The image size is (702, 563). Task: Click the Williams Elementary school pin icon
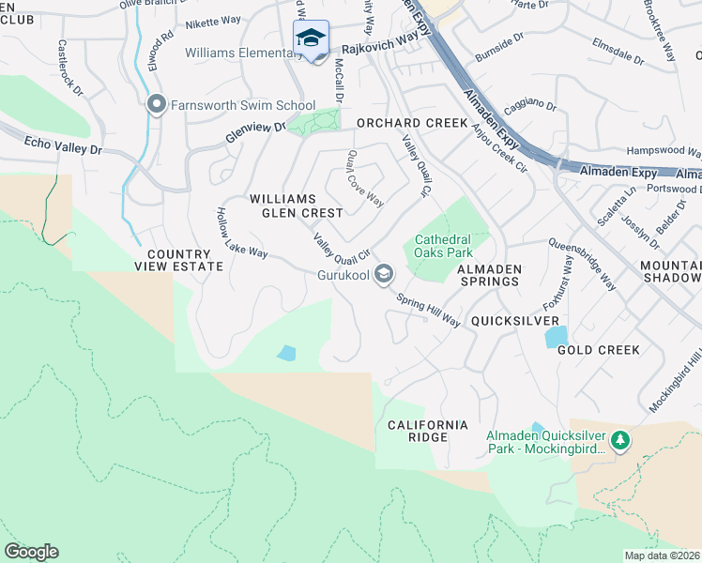311,38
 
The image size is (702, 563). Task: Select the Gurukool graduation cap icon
383,274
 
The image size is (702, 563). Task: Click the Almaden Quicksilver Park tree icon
619,440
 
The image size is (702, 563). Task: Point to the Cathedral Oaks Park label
437,245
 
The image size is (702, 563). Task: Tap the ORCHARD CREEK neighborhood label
411,123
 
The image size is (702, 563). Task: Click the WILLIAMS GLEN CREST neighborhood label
296,205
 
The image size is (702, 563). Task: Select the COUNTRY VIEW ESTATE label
185,260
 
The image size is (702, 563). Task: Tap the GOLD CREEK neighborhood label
598,350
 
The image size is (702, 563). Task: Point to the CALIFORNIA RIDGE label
428,432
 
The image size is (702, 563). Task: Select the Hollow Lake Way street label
241,234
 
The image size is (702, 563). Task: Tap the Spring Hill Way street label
428,311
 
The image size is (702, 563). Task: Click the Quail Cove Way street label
365,179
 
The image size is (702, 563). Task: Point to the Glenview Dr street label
253,131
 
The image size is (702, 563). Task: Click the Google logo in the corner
31,552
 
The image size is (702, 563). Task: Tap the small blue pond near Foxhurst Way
556,336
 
